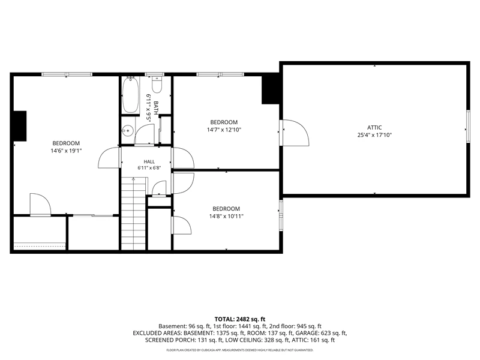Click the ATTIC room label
click(374, 128)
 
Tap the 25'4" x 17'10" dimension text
click(374, 135)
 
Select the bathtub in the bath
click(130, 95)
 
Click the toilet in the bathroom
click(157, 85)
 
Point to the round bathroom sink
click(128, 131)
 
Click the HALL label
click(149, 161)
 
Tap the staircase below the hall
click(133, 214)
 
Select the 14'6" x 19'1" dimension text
click(66, 151)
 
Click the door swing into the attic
click(296, 133)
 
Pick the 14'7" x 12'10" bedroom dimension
click(224, 130)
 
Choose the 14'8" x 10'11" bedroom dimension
click(226, 217)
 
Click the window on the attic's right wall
click(468, 126)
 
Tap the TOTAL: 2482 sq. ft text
click(240, 319)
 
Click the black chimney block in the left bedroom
click(20, 126)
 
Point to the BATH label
click(156, 108)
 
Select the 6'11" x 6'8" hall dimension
click(149, 168)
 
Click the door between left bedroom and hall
click(109, 158)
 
